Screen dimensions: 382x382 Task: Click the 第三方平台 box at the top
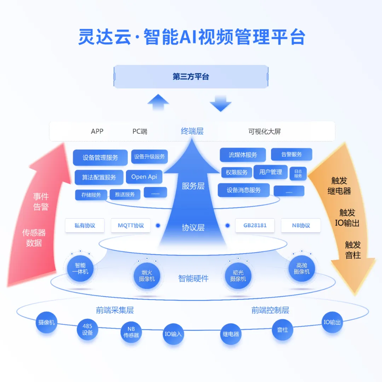point(191,76)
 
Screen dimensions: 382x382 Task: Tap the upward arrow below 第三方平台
point(158,102)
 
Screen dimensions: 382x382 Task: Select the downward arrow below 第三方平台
point(220,103)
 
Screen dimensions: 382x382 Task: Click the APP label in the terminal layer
point(97,131)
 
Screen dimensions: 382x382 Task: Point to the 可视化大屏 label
point(264,132)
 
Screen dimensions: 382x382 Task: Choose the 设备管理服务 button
point(100,157)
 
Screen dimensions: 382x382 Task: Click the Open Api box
point(144,177)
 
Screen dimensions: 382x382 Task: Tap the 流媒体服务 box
point(243,155)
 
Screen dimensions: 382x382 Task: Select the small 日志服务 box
point(298,173)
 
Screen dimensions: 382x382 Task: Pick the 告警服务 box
point(291,154)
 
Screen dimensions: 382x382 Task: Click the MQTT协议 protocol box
point(131,225)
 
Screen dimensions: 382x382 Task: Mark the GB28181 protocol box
point(255,225)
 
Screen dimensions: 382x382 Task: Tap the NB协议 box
point(301,225)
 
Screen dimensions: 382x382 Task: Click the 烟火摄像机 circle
point(146,276)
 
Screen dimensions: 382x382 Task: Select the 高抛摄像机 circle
point(301,268)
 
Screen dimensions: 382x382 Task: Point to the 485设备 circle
point(87,329)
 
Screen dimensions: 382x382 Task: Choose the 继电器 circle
point(231,334)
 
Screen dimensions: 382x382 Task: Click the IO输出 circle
point(332,322)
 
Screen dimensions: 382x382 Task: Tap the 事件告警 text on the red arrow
point(41,202)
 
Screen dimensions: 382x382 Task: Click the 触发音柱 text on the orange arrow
point(353,250)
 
